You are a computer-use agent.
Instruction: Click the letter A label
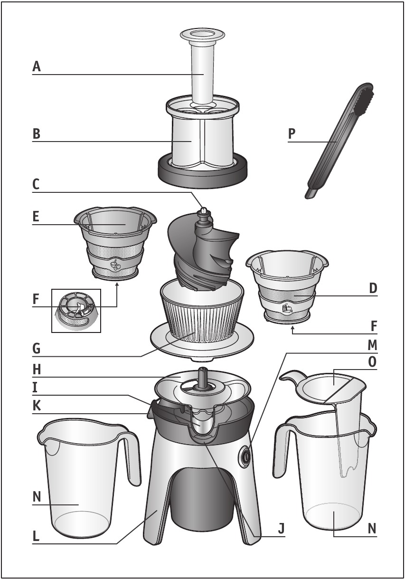37,66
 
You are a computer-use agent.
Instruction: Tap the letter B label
36,134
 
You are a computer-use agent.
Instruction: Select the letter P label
292,133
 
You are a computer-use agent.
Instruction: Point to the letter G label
36,349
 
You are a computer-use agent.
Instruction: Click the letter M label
372,345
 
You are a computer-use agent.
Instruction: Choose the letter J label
282,528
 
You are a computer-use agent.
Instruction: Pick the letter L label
36,537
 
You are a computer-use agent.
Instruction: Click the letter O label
372,362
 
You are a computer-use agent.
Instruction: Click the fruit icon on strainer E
114,265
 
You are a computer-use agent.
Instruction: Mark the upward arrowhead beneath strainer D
292,329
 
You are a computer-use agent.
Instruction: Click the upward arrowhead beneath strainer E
117,285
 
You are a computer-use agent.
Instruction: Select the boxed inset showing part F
76,311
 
